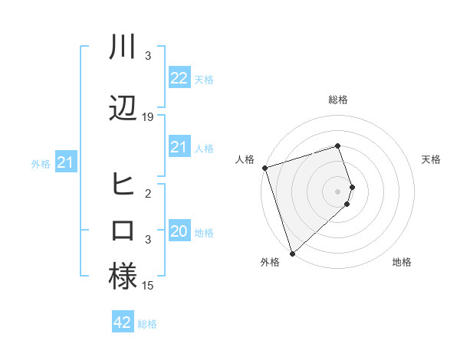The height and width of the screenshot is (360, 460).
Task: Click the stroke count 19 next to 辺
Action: pos(148,117)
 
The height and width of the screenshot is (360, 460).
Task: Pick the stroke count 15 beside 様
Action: pos(148,286)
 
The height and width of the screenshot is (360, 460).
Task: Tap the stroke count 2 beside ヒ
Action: pos(148,194)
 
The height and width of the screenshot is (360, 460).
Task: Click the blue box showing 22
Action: pos(179,78)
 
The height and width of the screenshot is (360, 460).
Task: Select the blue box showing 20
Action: pos(179,231)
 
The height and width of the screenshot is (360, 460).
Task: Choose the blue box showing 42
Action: pos(122,322)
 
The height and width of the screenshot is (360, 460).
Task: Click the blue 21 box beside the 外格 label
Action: pos(65,162)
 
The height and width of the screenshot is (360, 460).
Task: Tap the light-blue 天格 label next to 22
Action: pos(204,80)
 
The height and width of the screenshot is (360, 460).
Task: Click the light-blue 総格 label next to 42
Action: pos(147,324)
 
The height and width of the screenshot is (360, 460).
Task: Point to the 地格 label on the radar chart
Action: pos(402,263)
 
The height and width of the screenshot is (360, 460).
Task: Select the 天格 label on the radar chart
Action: pos(432,159)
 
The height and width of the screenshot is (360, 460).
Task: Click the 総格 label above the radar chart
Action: pos(338,100)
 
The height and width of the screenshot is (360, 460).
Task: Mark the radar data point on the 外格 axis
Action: pos(291,253)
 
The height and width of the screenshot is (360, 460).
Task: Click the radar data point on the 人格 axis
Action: pos(264,168)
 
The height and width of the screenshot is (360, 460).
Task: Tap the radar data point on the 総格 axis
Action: pos(338,146)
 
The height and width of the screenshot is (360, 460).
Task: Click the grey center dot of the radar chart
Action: pos(338,191)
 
